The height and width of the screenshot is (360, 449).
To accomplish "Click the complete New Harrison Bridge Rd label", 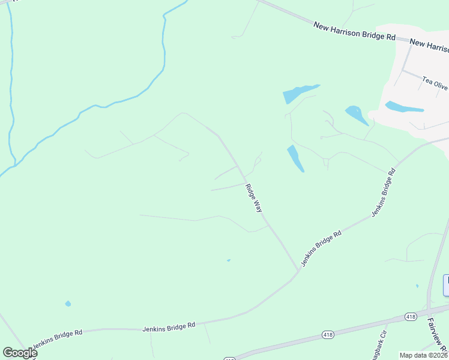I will coord(354,31).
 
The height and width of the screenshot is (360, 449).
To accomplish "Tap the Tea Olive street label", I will coord(435,82).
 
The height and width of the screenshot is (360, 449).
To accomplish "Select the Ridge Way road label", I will coord(254,197).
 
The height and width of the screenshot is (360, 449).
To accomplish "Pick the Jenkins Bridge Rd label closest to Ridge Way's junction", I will coord(321,248).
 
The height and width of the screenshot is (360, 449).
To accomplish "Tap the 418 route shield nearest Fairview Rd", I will coord(411,316).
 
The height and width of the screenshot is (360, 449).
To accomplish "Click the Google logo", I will coord(19,353).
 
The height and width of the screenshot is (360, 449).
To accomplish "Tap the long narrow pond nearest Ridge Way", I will coord(295,158).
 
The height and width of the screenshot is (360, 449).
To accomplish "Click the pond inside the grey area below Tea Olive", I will coord(404,107).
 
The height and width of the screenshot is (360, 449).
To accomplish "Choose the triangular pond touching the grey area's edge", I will coord(357,115).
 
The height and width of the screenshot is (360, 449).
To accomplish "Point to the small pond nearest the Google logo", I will coord(68,304).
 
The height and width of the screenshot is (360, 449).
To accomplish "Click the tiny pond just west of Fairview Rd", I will coord(417,286).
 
